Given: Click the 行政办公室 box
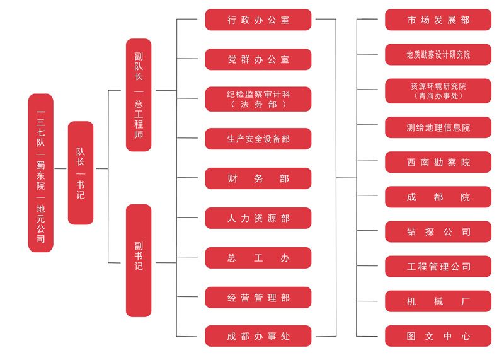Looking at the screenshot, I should (258, 20).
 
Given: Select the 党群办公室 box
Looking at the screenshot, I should (258, 59).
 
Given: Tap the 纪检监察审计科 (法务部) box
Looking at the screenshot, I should (258, 99).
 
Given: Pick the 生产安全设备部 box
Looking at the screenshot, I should (258, 139).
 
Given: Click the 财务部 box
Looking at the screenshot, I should (258, 178).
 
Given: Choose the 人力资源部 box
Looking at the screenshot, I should (258, 218).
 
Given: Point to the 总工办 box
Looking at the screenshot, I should (258, 258).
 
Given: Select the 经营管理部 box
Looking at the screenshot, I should (258, 297).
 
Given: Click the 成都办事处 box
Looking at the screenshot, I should (258, 336).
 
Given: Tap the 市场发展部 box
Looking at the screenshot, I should (438, 20).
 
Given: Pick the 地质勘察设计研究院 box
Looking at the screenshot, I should (438, 55).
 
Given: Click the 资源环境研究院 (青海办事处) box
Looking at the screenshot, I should (438, 91).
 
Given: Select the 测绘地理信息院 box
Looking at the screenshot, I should (438, 127).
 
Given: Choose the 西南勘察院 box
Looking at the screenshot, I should (438, 162).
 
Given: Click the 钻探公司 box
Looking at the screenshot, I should (438, 231).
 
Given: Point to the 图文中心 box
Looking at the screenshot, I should (438, 336).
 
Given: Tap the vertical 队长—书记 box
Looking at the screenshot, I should (81, 173).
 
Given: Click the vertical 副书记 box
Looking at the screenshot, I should (139, 260).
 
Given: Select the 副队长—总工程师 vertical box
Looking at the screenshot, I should (139, 95).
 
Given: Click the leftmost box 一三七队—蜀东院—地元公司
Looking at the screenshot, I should (41, 173).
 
